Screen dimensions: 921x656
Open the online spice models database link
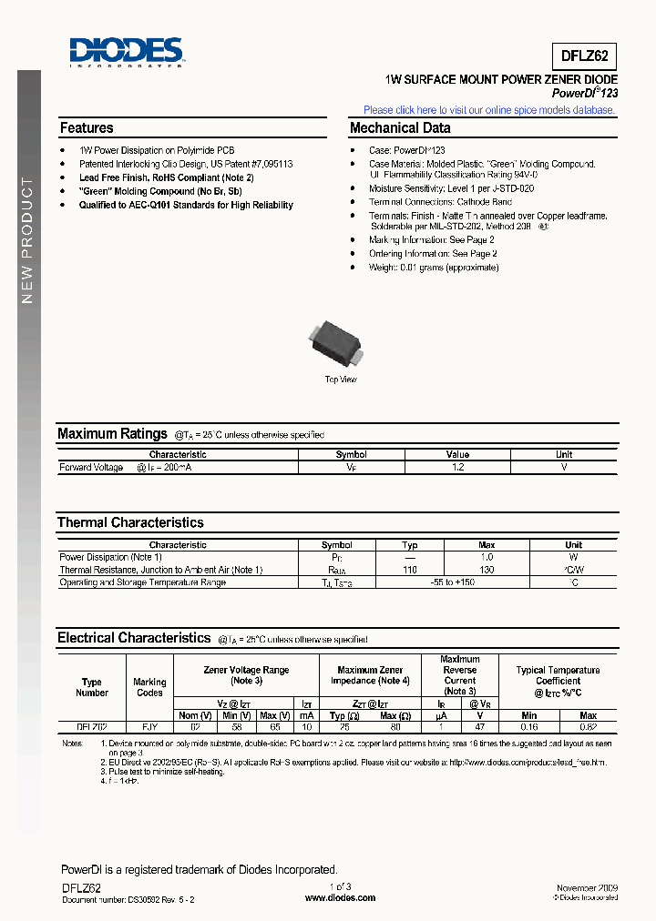tap(489, 110)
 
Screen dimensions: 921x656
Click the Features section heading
tap(87, 128)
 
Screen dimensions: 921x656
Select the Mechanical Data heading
tap(400, 128)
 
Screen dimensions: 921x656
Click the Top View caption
tap(341, 380)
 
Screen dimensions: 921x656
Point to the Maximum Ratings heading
tap(112, 434)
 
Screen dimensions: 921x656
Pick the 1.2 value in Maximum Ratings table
tap(457, 467)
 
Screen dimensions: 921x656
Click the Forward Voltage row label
tap(91, 467)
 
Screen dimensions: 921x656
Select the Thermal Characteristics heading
tap(130, 522)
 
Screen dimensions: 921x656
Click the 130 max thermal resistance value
tap(487, 570)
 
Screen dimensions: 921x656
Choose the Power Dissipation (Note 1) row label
tap(110, 557)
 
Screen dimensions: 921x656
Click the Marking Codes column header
tap(149, 687)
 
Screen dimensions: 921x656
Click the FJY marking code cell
tap(149, 726)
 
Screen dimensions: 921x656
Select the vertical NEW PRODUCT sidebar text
tap(27, 241)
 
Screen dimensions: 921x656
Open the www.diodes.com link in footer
tap(340, 897)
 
